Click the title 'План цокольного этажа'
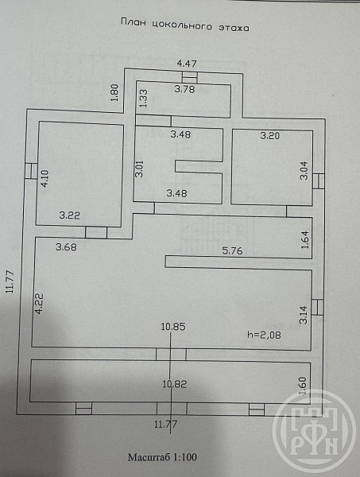[185, 25]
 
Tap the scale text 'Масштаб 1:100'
[162, 457]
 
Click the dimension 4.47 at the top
[187, 64]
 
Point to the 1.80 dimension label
[114, 92]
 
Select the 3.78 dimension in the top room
[185, 89]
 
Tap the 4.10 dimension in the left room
[45, 178]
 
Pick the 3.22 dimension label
[70, 215]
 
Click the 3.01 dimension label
[139, 169]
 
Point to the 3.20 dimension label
[270, 135]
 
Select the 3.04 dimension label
[304, 170]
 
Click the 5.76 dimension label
[233, 250]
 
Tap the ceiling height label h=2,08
[264, 335]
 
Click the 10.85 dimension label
[173, 327]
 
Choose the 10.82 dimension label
[175, 384]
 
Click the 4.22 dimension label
[39, 303]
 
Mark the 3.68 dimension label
[66, 246]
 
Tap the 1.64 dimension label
[305, 240]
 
